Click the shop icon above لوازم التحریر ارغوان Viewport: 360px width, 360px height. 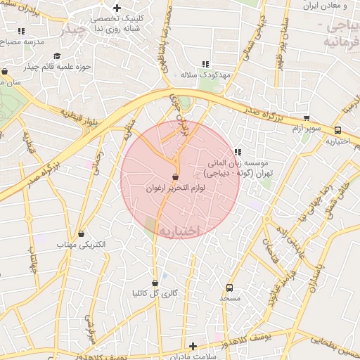pos(175,176)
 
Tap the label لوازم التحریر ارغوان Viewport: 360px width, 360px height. pos(174,188)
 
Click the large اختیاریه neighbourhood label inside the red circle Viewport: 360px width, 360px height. pos(179,231)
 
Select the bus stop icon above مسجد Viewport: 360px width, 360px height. pos(229,288)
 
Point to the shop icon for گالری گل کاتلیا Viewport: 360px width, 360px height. pos(155,283)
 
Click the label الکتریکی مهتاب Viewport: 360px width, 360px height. pos(81,244)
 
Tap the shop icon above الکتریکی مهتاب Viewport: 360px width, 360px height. pos(81,233)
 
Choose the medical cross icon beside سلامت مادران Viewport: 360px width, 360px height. pos(193,346)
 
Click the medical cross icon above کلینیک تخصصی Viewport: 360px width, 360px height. pos(117,7)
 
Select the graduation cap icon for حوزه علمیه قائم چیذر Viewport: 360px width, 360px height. pos(56,56)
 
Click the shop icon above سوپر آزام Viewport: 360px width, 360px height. pos(306,118)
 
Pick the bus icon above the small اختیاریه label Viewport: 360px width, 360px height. pos(338,130)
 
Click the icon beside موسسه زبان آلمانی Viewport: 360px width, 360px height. pos(237,152)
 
